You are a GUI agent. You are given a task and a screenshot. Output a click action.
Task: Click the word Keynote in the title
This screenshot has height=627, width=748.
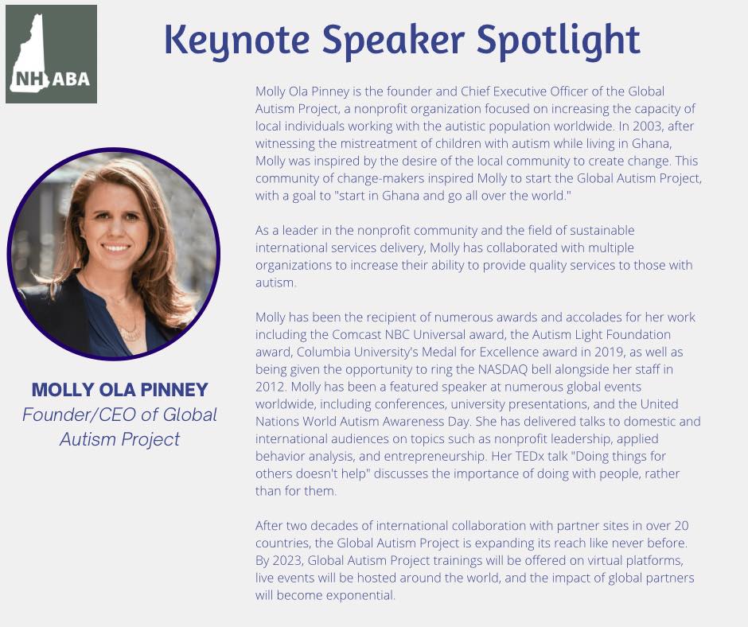point(237,40)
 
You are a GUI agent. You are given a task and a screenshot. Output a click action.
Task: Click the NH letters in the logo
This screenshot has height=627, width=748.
point(29,79)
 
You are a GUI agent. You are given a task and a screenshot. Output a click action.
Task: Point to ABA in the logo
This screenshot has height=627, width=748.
point(71,79)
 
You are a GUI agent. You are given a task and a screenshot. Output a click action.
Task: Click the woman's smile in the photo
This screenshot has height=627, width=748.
point(116,247)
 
